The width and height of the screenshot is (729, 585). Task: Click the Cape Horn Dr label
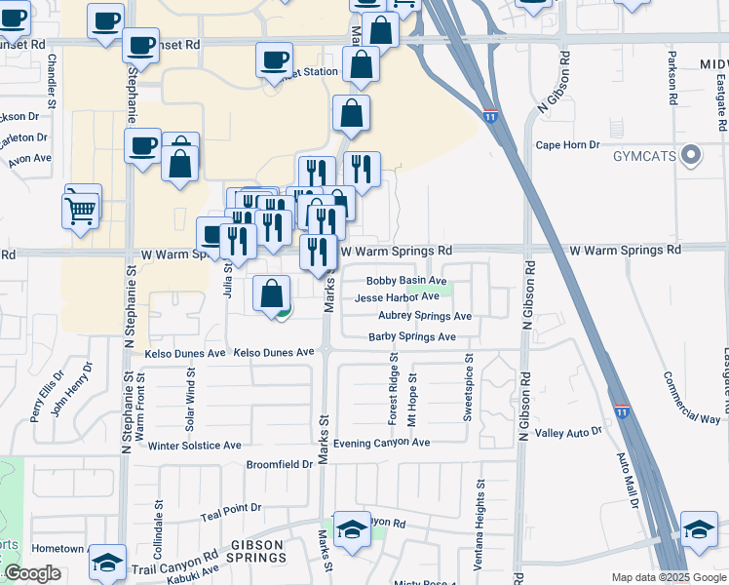pos(567,145)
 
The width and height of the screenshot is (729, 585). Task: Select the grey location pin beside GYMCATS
pos(693,155)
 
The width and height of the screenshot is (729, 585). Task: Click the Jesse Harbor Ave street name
pos(397,297)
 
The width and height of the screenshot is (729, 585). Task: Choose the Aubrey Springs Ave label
pos(425,317)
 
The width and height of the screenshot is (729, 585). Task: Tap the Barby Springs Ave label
pos(412,337)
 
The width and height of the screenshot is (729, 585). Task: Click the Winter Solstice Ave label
pos(194,446)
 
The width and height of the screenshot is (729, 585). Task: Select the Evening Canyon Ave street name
pos(381,442)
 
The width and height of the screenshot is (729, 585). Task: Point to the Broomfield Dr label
pos(280,464)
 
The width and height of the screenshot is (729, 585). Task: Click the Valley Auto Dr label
pos(569,433)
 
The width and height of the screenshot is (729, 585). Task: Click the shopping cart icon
pos(80,210)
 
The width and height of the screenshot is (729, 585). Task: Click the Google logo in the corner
pos(32,573)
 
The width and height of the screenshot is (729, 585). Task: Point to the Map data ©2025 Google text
pos(668,577)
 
